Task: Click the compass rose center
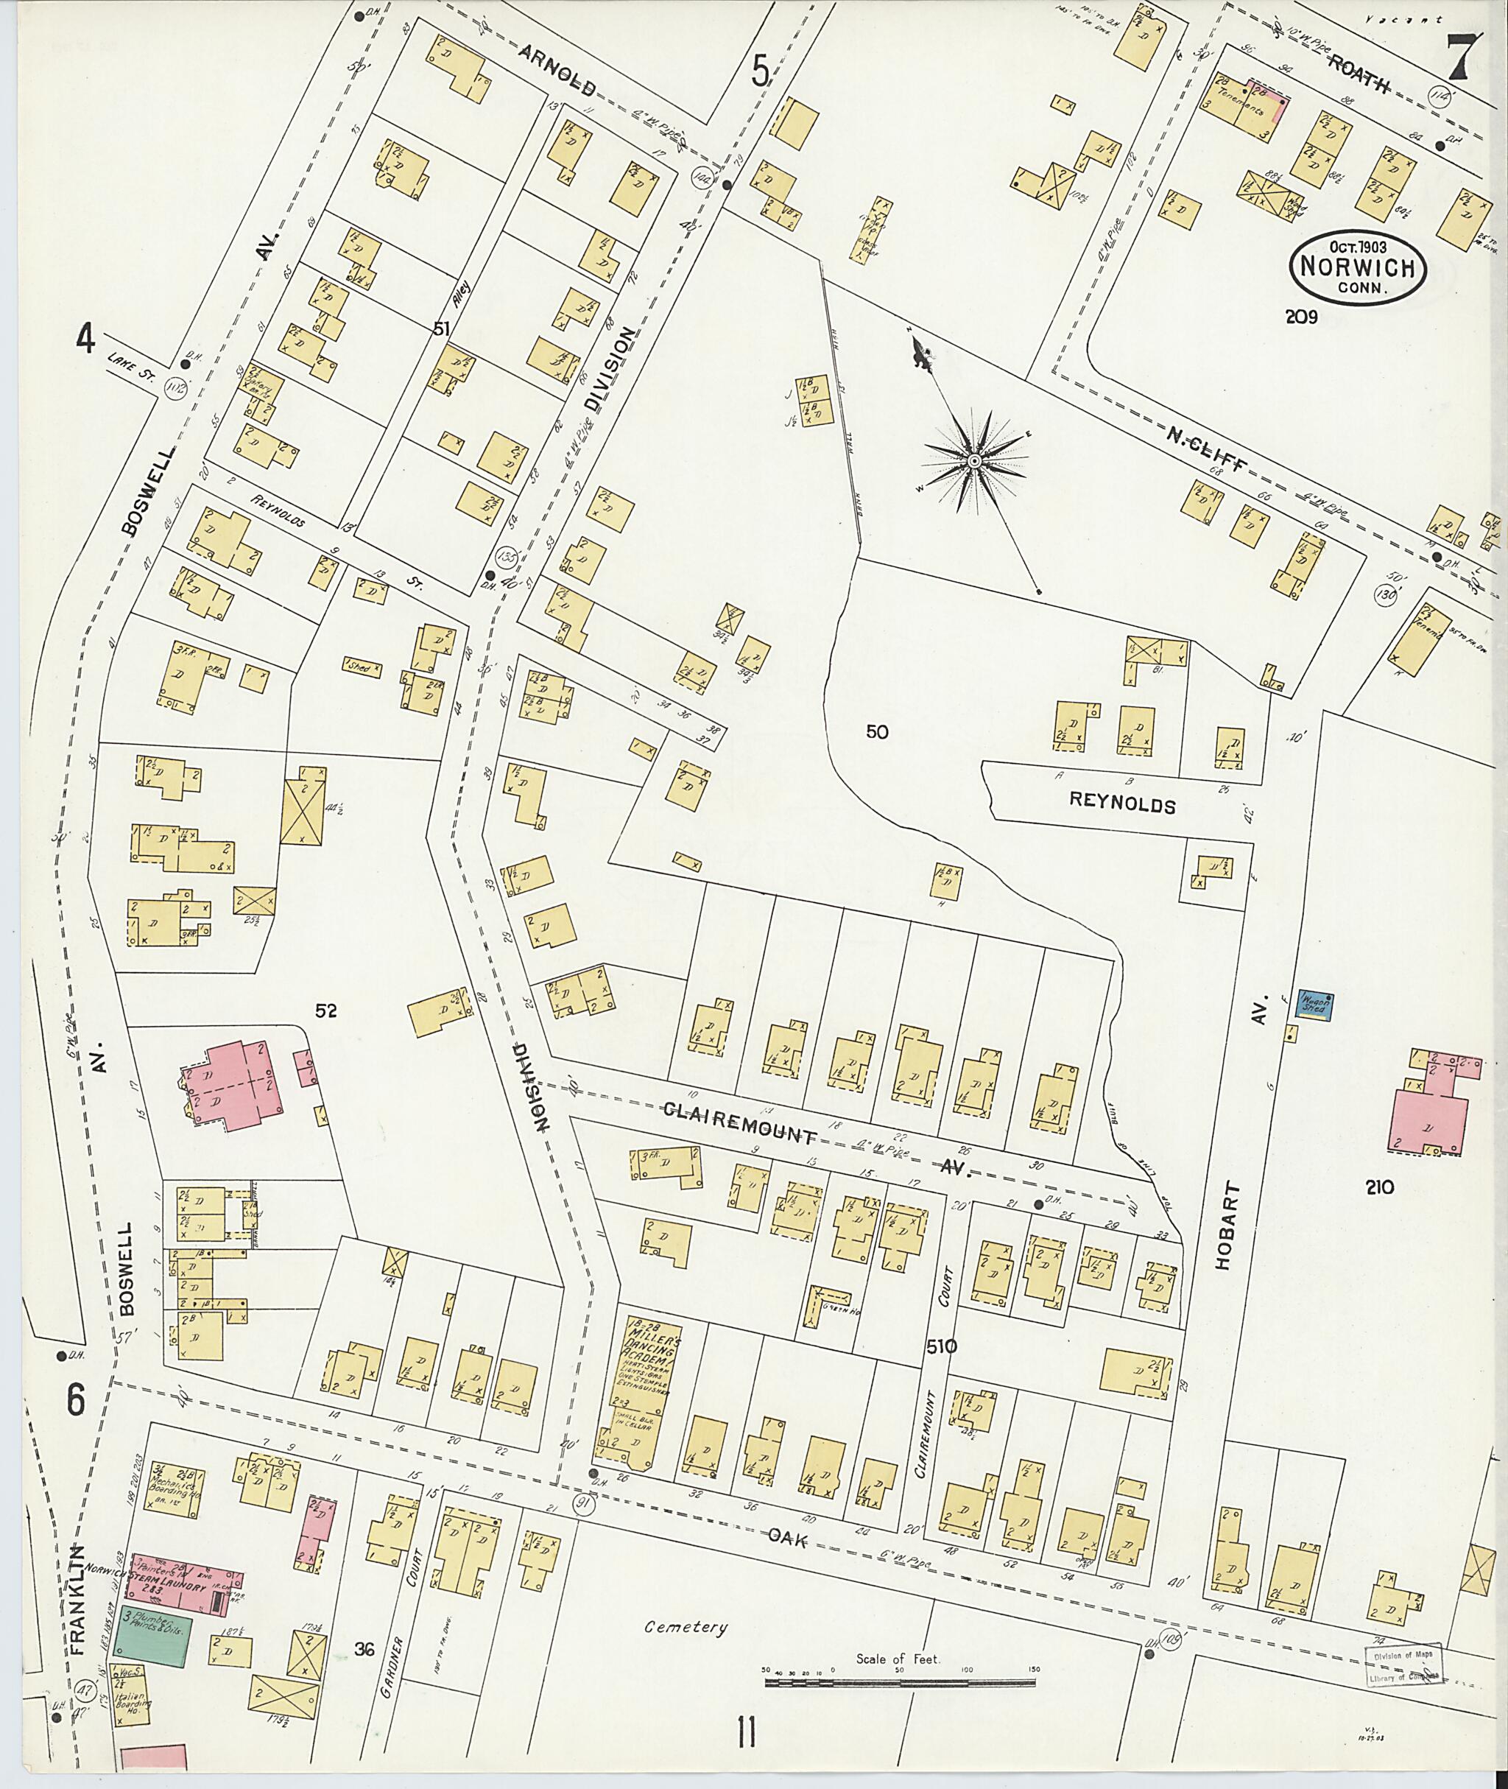(x=973, y=462)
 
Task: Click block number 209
(x=1301, y=317)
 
